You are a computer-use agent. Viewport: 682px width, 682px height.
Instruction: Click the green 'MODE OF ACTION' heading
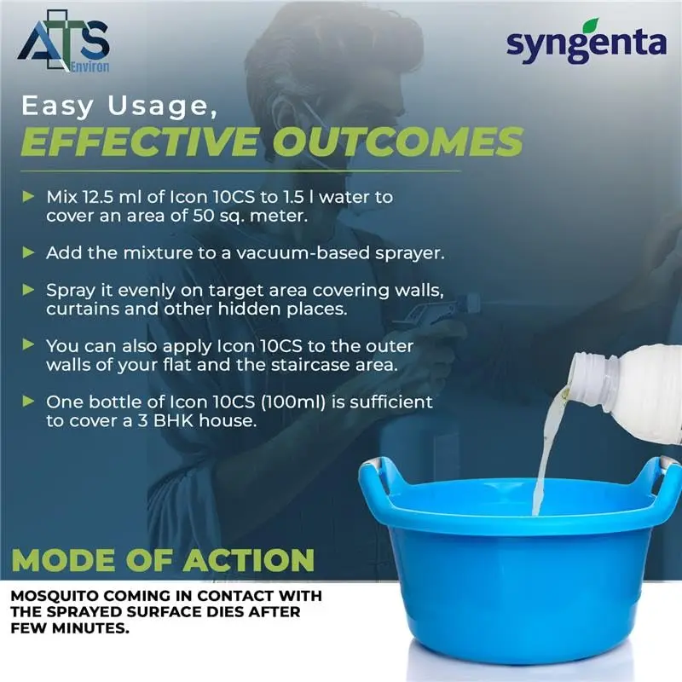click(163, 562)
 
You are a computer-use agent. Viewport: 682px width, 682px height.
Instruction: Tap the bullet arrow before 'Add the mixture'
click(29, 253)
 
